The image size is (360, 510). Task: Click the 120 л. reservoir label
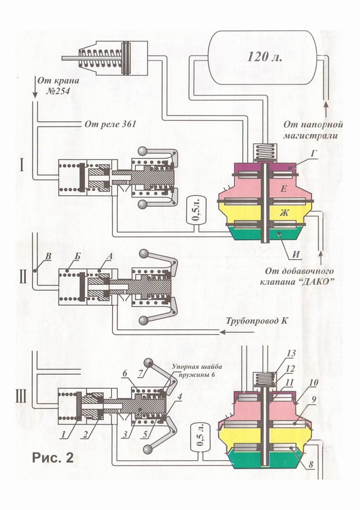point(265,57)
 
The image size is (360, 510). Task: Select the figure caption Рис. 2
point(53,458)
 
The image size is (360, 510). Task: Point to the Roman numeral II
point(23,279)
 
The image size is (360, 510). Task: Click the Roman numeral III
point(22,397)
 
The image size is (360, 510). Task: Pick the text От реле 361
point(110,124)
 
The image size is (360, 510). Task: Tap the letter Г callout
point(313,154)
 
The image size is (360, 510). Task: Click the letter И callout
point(296,254)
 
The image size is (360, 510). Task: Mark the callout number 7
point(140,374)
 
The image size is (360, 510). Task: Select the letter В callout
point(48,257)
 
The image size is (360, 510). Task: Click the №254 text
point(58,90)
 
